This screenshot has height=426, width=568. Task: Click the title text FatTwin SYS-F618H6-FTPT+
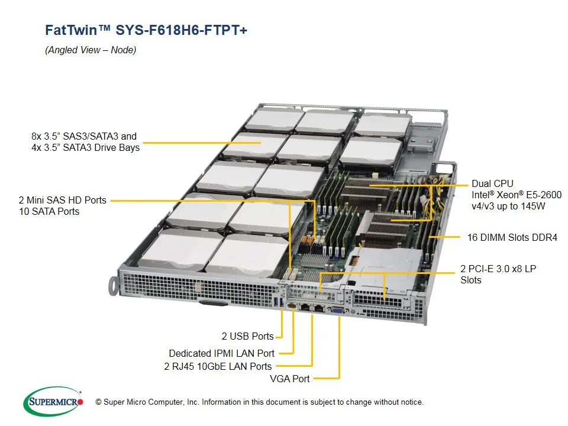(x=146, y=30)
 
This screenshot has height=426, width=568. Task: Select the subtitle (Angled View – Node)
(x=91, y=50)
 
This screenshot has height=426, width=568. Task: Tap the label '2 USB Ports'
(x=247, y=336)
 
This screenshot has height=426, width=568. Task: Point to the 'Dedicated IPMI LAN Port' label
(x=220, y=353)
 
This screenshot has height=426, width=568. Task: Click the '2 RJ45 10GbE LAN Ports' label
(x=218, y=366)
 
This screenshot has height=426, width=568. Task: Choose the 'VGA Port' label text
(x=289, y=379)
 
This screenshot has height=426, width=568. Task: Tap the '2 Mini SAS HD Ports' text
(x=62, y=200)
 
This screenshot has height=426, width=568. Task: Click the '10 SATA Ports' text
(x=49, y=211)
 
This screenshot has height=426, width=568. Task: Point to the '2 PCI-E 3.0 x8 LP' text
(x=498, y=269)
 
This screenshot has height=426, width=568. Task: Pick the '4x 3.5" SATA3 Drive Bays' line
(x=85, y=147)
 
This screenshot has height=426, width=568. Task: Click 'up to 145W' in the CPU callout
(x=522, y=206)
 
